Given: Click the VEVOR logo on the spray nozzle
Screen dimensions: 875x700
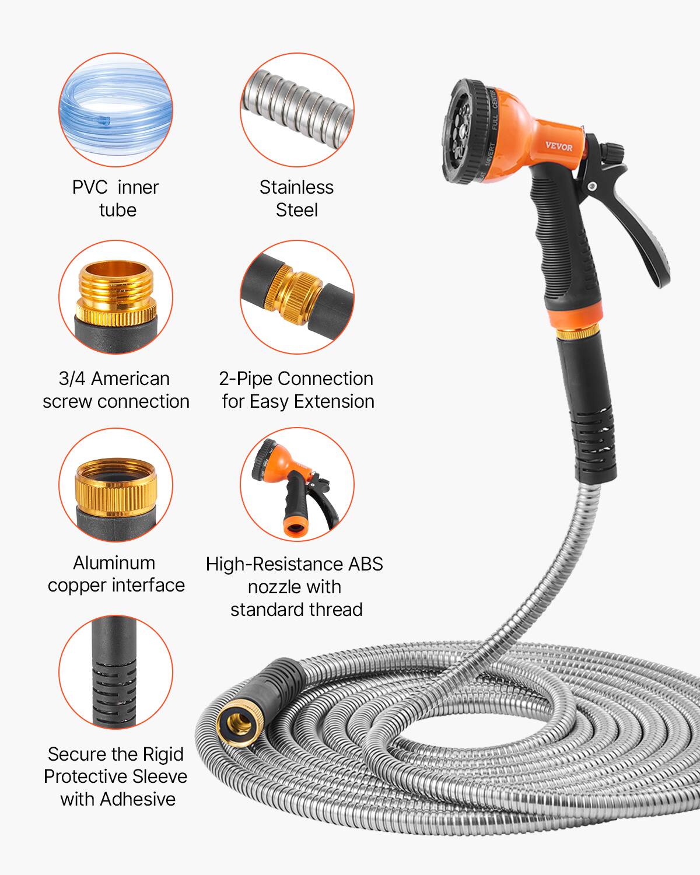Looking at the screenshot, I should tap(558, 146).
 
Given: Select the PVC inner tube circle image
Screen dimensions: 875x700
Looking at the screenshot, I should tap(116, 110).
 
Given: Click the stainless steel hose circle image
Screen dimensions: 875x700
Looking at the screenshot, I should tap(297, 110).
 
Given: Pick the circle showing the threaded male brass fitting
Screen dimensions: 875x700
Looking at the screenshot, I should tap(116, 297).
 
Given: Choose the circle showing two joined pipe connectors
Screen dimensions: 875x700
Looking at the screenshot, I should tap(297, 297).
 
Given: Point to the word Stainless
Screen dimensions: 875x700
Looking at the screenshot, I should tap(296, 187).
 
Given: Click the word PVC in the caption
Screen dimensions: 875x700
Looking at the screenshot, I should tap(89, 187).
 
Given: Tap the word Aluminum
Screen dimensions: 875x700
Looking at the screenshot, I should tap(114, 563).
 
